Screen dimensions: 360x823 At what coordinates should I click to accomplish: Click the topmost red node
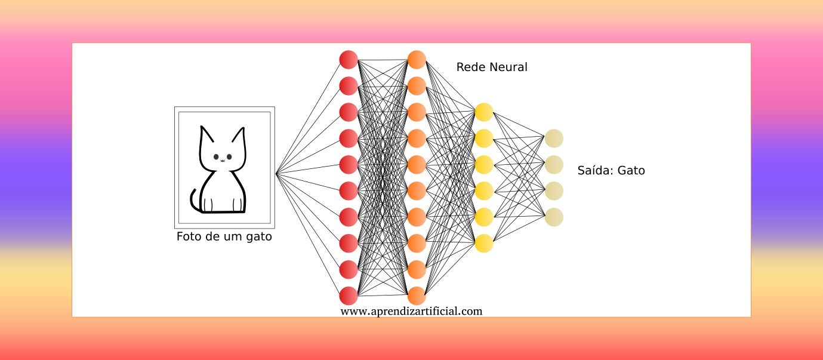349,60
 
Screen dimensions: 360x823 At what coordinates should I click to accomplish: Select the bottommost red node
349,296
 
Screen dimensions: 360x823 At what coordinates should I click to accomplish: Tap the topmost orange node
417,60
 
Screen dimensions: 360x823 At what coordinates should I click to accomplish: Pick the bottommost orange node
417,296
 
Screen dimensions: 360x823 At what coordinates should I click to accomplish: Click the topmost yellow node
484,112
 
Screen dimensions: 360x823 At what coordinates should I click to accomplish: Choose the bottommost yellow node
484,244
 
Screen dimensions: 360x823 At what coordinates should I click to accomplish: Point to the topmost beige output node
554,139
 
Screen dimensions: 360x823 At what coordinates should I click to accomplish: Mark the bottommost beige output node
554,217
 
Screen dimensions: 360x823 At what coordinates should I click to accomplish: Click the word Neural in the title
508,67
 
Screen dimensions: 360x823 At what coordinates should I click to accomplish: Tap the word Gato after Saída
631,171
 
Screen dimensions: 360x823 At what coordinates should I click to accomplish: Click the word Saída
594,171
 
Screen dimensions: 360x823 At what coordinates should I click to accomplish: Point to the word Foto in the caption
188,237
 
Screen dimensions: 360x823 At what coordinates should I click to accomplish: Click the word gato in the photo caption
258,237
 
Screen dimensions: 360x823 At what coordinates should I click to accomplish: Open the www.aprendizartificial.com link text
411,311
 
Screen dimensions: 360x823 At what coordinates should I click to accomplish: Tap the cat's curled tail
193,200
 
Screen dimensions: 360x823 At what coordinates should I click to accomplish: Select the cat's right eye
229,157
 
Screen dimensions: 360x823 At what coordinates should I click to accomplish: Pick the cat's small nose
223,161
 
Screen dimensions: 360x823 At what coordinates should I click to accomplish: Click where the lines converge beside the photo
276,174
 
